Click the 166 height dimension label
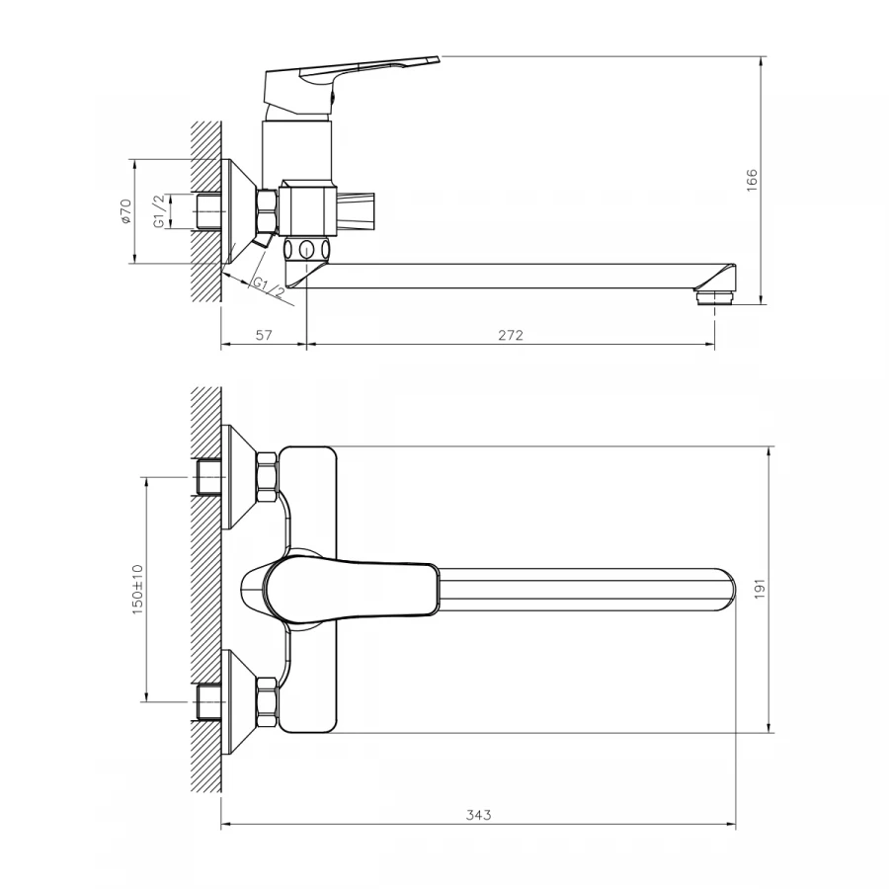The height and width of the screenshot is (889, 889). tap(752, 181)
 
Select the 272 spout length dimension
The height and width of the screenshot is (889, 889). tap(511, 336)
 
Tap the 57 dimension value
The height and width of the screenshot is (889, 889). tap(264, 335)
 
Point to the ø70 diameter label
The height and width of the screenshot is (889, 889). tap(125, 211)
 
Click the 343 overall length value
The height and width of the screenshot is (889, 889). tap(478, 815)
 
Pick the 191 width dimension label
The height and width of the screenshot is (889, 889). tap(760, 589)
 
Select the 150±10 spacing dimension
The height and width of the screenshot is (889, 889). tap(137, 590)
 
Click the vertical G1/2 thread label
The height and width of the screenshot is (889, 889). tap(160, 211)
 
